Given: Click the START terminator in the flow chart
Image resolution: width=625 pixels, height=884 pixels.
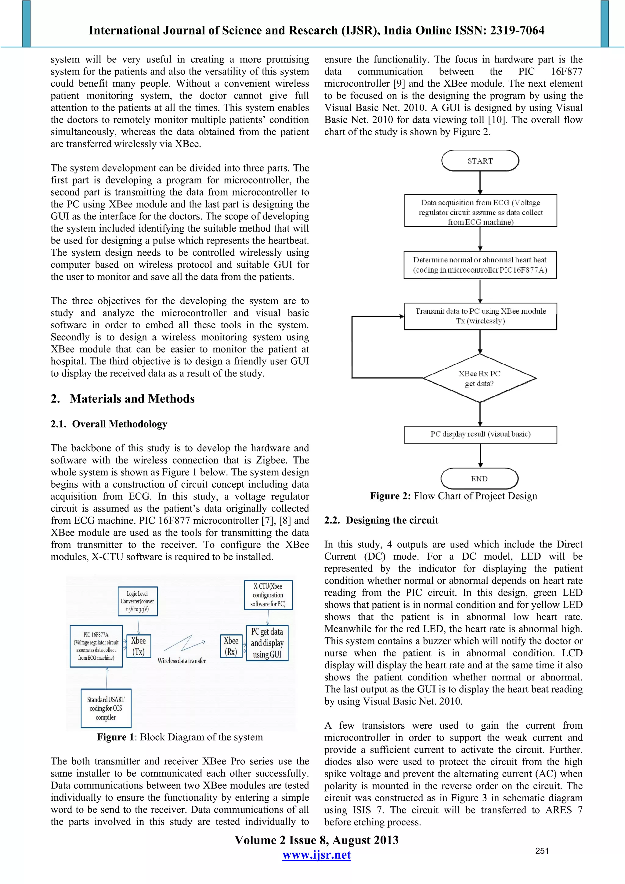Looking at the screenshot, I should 480,161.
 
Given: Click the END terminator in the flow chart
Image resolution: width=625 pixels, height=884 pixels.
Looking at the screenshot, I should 479,478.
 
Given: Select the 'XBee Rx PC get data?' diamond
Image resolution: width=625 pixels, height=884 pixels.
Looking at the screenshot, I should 479,378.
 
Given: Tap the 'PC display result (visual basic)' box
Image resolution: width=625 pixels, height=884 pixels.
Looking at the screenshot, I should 480,434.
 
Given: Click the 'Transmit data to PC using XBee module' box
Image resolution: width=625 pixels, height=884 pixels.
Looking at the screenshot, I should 480,316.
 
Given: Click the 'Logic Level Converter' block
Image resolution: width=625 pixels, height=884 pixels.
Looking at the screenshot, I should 137,601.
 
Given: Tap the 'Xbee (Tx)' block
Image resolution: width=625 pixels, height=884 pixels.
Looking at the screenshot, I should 138,646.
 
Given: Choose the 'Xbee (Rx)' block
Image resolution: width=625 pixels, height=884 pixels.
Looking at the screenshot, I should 231,646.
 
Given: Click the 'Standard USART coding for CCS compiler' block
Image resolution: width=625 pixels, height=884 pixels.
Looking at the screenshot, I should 106,708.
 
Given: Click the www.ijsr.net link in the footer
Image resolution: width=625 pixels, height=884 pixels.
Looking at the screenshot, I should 316,855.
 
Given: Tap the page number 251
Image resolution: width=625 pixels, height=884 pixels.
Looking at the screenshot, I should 542,851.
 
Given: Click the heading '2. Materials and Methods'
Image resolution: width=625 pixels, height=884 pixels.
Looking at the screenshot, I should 122,399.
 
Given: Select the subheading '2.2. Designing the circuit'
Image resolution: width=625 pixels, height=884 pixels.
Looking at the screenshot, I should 381,520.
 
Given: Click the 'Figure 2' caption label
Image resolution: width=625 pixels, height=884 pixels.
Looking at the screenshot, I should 390,496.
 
